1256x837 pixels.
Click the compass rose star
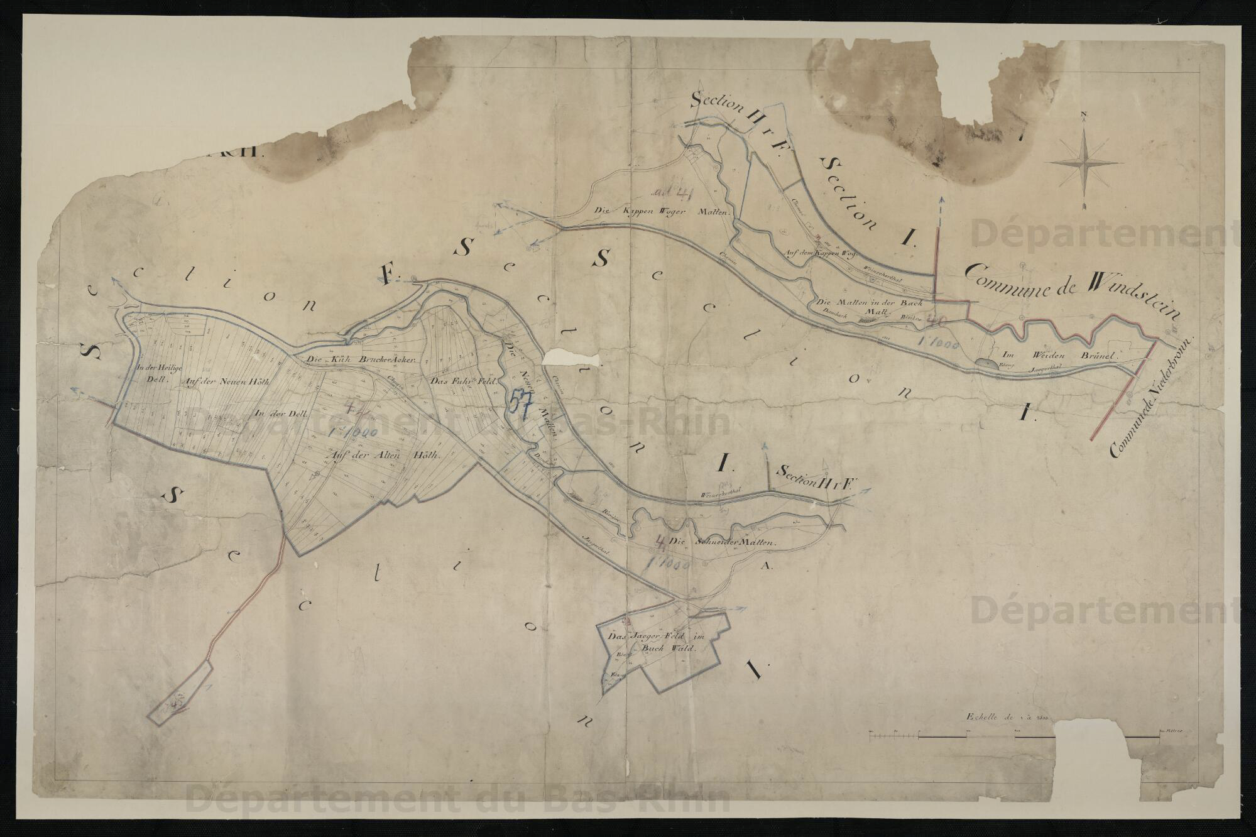(x=1085, y=161)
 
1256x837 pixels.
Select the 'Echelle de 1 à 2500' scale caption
(x=1010, y=716)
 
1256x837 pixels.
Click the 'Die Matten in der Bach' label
(x=870, y=304)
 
